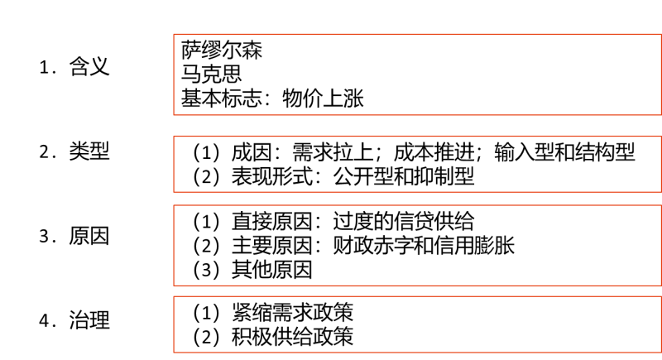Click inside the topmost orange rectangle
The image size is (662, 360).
pyautogui.click(x=417, y=74)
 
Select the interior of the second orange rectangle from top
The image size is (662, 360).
pyautogui.click(x=417, y=164)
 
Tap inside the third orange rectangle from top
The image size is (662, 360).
pyautogui.click(x=417, y=245)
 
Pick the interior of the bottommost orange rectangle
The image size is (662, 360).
pyautogui.click(x=417, y=324)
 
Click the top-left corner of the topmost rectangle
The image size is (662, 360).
pyautogui.click(x=174, y=34)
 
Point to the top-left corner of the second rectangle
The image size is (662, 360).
pyautogui.click(x=174, y=136)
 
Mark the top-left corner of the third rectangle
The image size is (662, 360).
pyautogui.click(x=174, y=205)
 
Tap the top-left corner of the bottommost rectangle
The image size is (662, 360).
pyautogui.click(x=174, y=296)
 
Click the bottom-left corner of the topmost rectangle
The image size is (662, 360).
pyautogui.click(x=174, y=114)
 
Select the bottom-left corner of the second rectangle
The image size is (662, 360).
pyautogui.click(x=174, y=191)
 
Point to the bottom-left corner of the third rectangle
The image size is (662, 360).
pyautogui.click(x=174, y=286)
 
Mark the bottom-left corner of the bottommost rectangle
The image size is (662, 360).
pyautogui.click(x=174, y=353)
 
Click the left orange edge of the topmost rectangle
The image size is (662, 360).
pyautogui.click(x=174, y=74)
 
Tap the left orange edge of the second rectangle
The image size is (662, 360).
pyautogui.click(x=174, y=164)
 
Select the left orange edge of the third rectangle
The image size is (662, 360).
pyautogui.click(x=174, y=245)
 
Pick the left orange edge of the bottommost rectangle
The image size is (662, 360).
pyautogui.click(x=174, y=324)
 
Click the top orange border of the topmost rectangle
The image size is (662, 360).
pyautogui.click(x=417, y=34)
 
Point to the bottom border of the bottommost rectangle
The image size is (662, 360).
pyautogui.click(x=417, y=353)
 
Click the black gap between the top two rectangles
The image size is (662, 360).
pyautogui.click(x=417, y=125)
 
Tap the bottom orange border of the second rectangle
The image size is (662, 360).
pyautogui.click(x=417, y=191)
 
